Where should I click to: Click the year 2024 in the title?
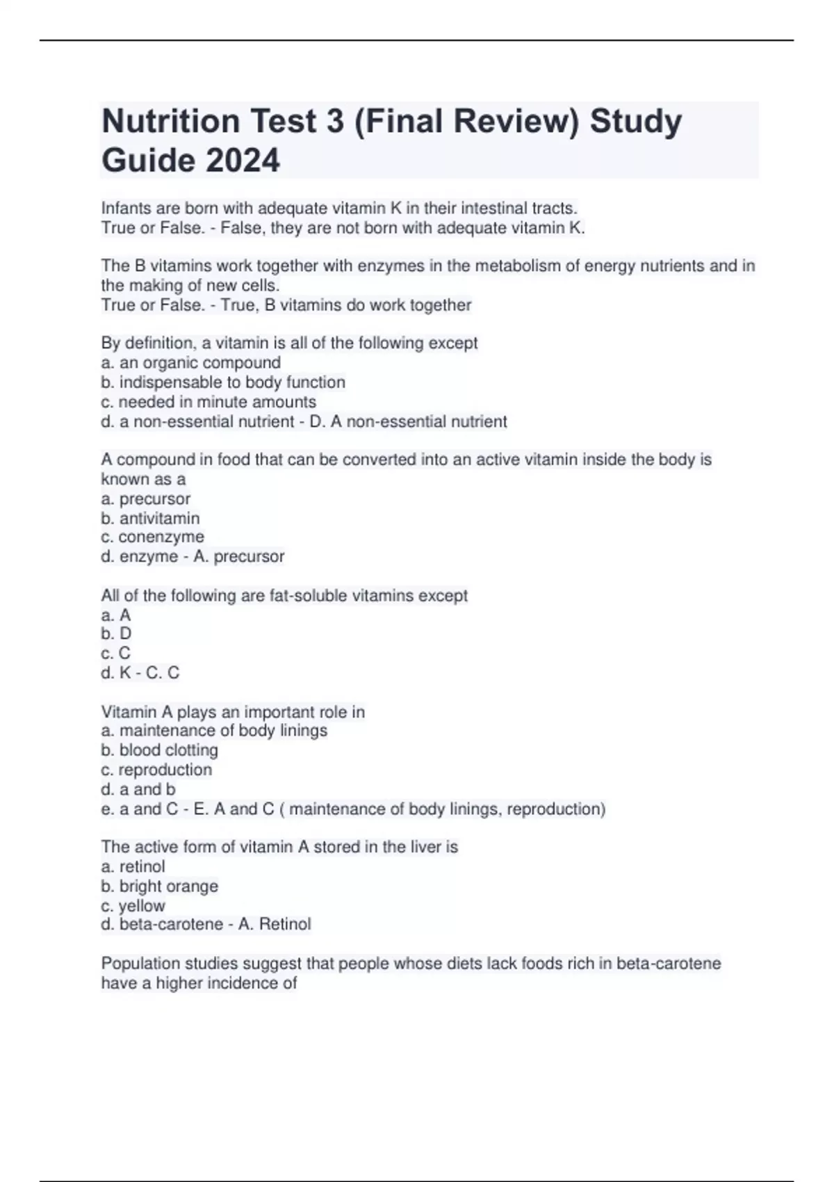243,160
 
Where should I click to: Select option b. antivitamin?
150,518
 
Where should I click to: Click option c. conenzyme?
152,537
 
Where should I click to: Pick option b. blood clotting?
159,750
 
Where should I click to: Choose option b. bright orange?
159,886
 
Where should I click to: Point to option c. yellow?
133,905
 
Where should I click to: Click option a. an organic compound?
190,362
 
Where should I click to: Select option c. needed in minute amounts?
208,401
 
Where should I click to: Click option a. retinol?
133,866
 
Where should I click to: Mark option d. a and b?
138,789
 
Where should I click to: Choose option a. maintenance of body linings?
214,730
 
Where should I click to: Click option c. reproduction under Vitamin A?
156,769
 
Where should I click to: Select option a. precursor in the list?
145,499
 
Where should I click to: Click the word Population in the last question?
137,963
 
